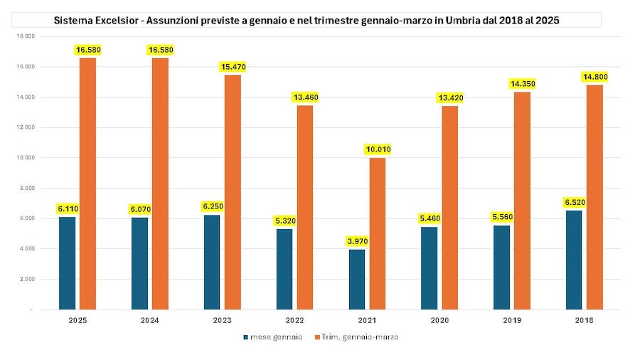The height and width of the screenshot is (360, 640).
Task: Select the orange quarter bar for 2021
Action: tap(377, 233)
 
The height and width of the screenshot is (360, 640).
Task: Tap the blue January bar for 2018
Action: tap(574, 260)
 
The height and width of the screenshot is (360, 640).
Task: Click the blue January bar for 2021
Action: tap(357, 280)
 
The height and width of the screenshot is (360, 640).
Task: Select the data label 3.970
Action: tap(357, 241)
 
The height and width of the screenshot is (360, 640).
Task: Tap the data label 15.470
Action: tap(233, 66)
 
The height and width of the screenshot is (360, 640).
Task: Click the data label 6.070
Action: tap(139, 209)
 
